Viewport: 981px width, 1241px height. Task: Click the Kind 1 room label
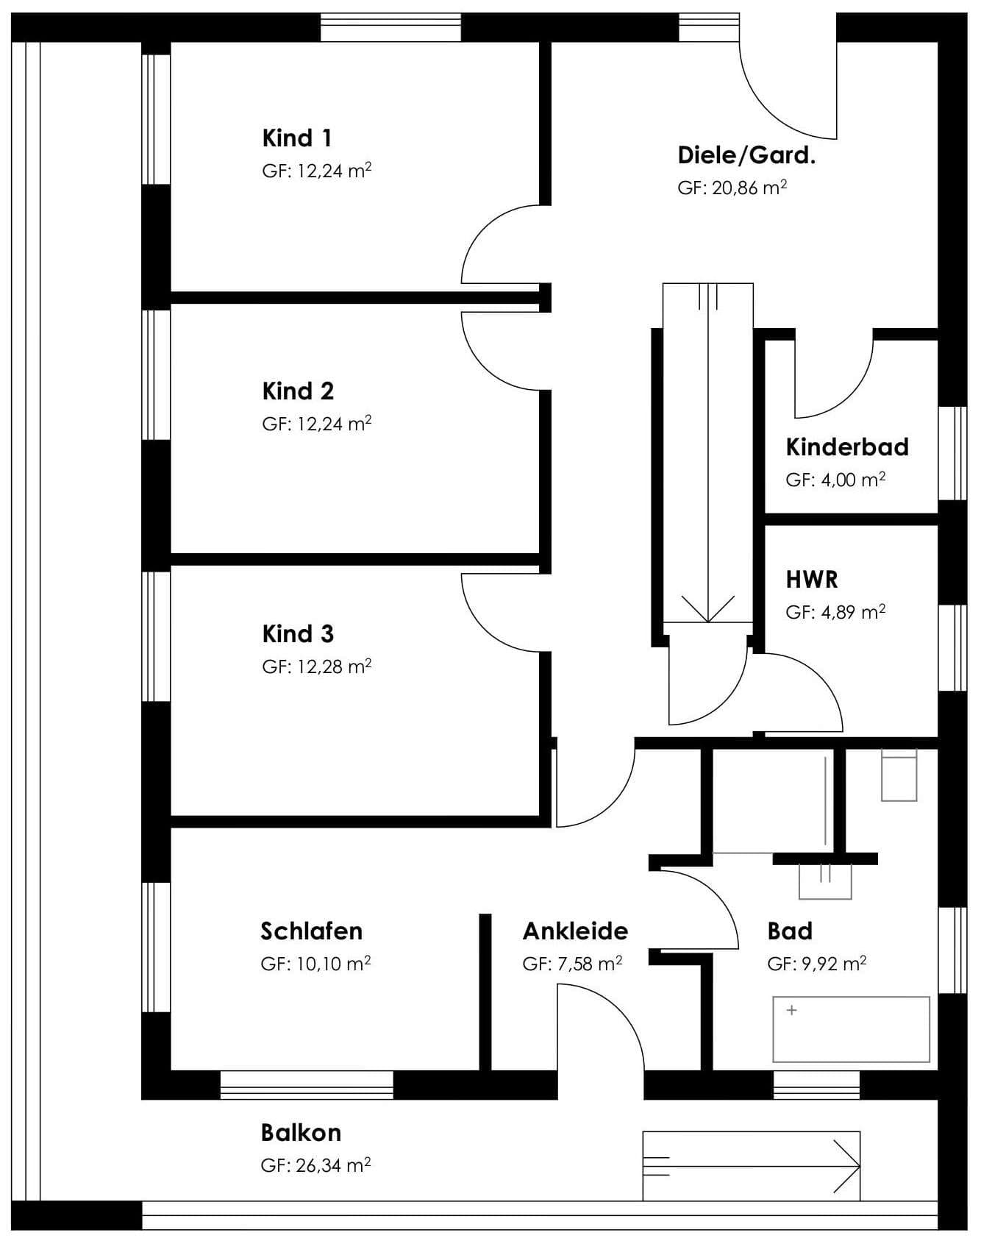(296, 138)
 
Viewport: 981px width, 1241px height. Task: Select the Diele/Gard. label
(746, 155)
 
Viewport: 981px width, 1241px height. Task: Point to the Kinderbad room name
(847, 447)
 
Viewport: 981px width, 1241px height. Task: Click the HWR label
(812, 579)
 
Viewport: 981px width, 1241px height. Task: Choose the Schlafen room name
(312, 931)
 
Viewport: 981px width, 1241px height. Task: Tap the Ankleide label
(575, 931)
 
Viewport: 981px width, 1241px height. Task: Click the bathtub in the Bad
(851, 1029)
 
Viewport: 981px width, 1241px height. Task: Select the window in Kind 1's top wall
(390, 27)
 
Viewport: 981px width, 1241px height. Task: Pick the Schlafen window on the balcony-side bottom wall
(307, 1085)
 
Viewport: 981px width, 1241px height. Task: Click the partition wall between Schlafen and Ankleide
(485, 992)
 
